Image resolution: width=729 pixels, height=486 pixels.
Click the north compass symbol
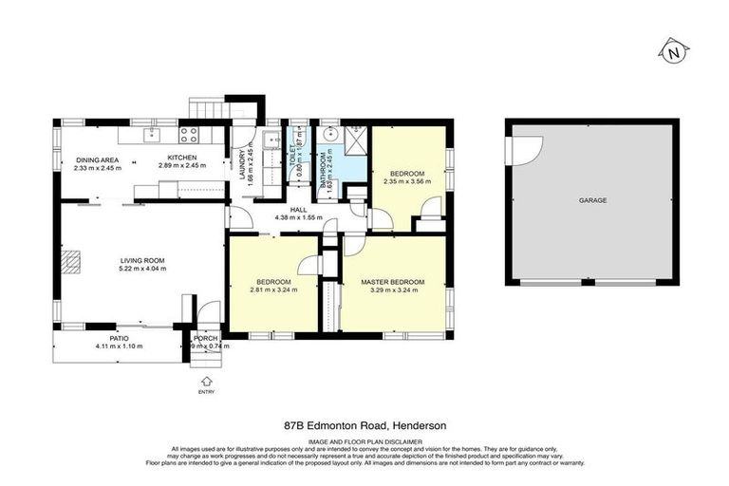[x=672, y=51]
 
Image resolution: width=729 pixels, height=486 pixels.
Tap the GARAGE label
[x=592, y=201]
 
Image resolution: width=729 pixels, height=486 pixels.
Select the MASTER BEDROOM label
[x=392, y=282]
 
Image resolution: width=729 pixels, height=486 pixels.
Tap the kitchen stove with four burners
[x=188, y=135]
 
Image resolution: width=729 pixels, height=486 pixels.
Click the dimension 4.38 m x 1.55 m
[x=299, y=217]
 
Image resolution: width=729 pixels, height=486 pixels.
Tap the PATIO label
[x=119, y=337]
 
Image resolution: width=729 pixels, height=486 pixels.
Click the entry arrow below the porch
[x=205, y=381]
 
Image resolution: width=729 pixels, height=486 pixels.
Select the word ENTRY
[x=206, y=391]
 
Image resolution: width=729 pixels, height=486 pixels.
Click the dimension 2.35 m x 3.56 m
[x=405, y=181]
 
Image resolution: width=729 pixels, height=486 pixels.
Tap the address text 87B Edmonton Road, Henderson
[x=364, y=427]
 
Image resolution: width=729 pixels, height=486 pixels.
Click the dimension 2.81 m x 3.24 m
[x=273, y=290]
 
